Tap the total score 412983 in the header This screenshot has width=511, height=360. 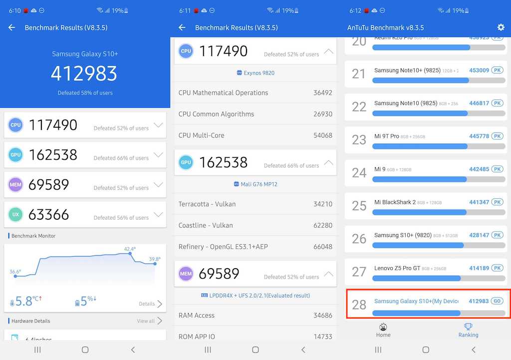(84, 73)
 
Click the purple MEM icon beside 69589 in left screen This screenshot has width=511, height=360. (15, 185)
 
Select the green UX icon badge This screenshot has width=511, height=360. (15, 215)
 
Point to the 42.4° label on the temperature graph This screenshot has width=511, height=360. (130, 249)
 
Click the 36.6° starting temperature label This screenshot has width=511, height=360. (15, 272)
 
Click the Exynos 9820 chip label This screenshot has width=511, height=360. (255, 73)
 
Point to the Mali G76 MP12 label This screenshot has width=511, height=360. (255, 184)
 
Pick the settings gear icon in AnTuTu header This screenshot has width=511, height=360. (501, 27)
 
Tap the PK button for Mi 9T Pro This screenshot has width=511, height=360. (497, 136)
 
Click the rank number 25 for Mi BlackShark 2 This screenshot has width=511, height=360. (359, 205)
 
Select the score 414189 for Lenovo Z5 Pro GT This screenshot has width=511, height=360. (479, 268)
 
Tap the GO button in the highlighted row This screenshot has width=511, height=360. (497, 301)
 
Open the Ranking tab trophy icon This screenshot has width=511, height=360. (468, 327)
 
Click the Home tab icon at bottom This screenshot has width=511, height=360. (383, 327)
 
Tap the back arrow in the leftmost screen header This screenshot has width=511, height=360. (12, 27)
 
